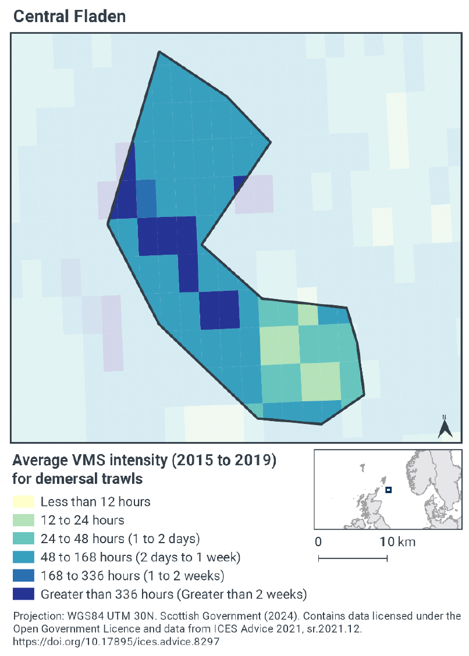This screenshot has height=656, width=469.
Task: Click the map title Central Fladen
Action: [x=69, y=16]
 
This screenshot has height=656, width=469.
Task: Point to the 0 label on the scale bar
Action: [x=318, y=542]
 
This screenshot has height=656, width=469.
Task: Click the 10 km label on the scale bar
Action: [x=397, y=542]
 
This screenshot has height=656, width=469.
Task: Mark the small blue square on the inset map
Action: [x=388, y=490]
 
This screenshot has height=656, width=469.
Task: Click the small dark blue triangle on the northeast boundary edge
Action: [x=239, y=183]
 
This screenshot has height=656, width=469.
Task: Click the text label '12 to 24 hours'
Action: [x=82, y=520]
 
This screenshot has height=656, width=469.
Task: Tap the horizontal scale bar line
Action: [x=353, y=559]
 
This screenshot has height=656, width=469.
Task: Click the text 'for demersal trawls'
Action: [x=77, y=480]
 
